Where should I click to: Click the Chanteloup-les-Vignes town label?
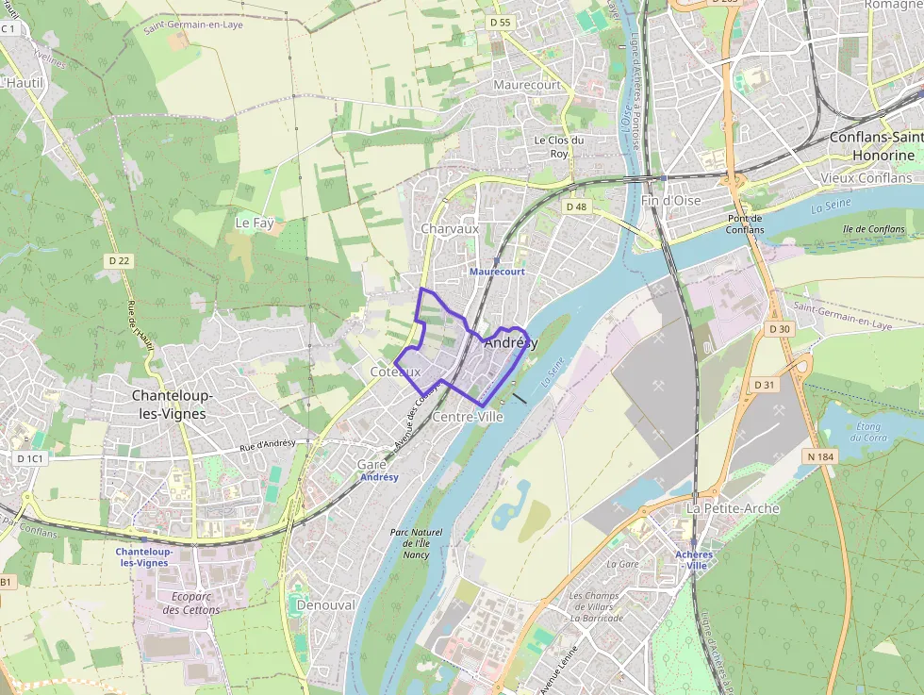click(x=173, y=405)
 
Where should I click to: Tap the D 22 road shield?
click(x=119, y=260)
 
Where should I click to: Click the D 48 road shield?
click(x=575, y=206)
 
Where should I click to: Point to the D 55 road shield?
click(x=500, y=22)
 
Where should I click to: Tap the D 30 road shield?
click(x=778, y=329)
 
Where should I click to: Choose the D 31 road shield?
click(x=764, y=385)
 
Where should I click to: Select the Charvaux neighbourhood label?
click(x=450, y=228)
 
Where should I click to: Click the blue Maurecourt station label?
click(x=497, y=272)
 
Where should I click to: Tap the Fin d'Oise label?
click(x=670, y=201)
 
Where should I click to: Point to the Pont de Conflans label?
click(x=745, y=224)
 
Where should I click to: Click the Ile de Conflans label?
click(x=873, y=229)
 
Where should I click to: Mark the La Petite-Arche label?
click(x=733, y=508)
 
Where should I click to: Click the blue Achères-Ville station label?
click(x=694, y=559)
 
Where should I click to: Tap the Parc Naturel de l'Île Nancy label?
click(x=415, y=543)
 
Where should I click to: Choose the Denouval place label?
click(x=325, y=604)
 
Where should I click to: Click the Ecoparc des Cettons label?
click(x=190, y=604)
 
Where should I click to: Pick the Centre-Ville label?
click(x=468, y=416)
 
